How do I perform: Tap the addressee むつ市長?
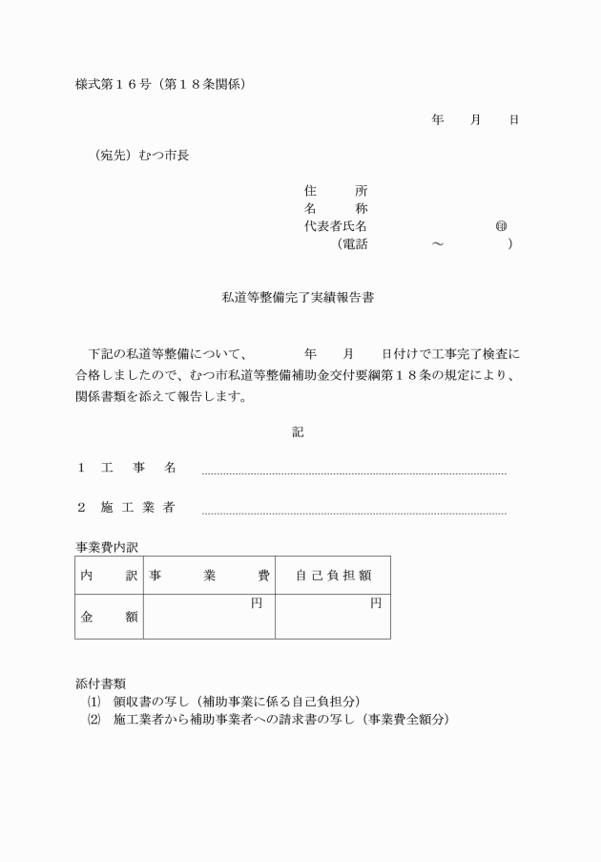point(164,155)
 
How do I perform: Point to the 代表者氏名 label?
point(336,226)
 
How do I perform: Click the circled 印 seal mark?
point(501,226)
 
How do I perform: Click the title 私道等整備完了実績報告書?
point(298,298)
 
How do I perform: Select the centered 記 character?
point(298,432)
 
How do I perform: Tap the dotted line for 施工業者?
point(353,514)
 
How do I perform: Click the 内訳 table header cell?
point(108,576)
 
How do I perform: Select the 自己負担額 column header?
point(333,576)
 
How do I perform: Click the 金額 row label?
point(108,618)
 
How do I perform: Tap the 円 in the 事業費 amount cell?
point(257,603)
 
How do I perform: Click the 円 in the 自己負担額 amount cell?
point(376,603)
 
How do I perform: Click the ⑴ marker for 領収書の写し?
point(93,701)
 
